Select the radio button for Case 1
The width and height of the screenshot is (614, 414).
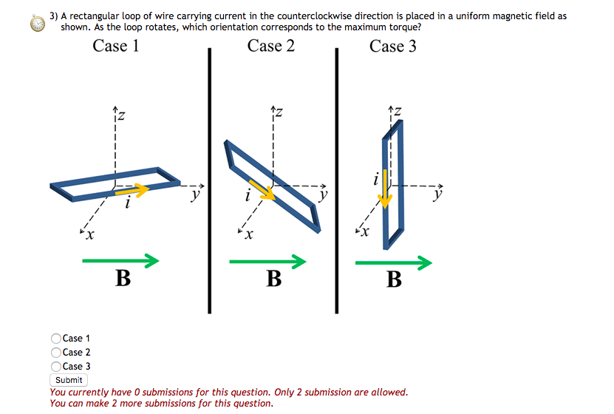pyautogui.click(x=56, y=339)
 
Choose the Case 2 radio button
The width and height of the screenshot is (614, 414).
pyautogui.click(x=56, y=353)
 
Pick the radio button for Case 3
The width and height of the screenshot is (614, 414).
pyautogui.click(x=56, y=366)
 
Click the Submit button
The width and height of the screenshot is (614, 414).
pyautogui.click(x=69, y=380)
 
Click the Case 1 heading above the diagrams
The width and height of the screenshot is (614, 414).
pyautogui.click(x=116, y=46)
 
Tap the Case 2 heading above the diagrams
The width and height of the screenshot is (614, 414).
pyautogui.click(x=271, y=46)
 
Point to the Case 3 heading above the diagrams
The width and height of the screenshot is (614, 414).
pyautogui.click(x=393, y=46)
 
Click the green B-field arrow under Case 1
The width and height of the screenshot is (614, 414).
pyautogui.click(x=120, y=260)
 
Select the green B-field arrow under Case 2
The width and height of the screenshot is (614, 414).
pyautogui.click(x=267, y=261)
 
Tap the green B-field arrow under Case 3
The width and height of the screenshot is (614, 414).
pyautogui.click(x=393, y=262)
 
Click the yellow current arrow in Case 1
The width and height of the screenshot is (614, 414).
pyautogui.click(x=133, y=191)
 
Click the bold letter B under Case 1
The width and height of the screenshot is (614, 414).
pyautogui.click(x=123, y=279)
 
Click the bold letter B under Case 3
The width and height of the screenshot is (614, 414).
pyautogui.click(x=395, y=279)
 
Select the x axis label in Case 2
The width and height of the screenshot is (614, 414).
pyautogui.click(x=250, y=236)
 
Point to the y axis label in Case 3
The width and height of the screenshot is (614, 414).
pyautogui.click(x=439, y=195)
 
